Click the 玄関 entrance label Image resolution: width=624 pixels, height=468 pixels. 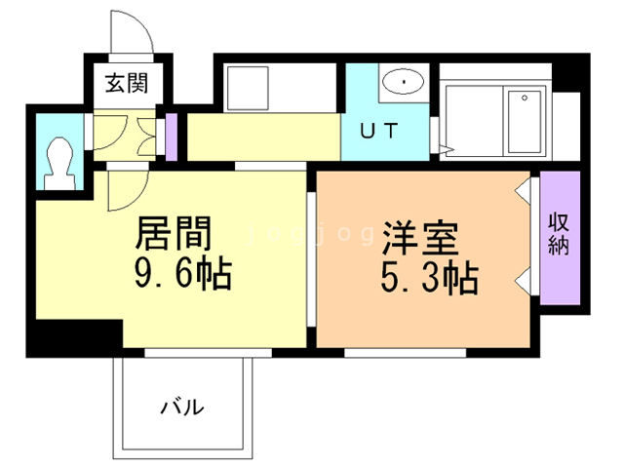coord(127,84)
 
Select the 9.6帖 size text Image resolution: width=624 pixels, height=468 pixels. coord(182,276)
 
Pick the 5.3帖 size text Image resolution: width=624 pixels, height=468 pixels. coord(429,280)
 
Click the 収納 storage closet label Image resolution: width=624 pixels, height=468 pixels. coord(559,233)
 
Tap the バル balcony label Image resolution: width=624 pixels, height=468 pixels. coord(182,406)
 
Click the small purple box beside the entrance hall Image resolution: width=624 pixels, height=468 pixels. coord(172,137)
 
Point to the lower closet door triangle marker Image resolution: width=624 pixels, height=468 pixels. coord(524,282)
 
